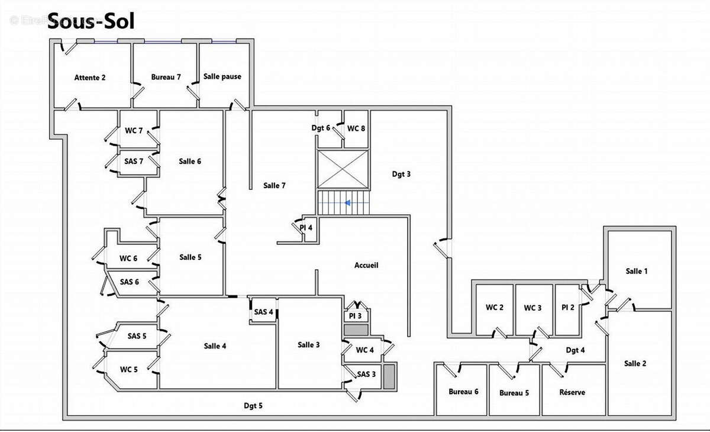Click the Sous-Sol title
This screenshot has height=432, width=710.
[91, 21]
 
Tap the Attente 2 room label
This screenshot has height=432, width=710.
[90, 78]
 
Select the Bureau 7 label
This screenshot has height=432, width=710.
[166, 78]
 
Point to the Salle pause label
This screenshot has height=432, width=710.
[222, 76]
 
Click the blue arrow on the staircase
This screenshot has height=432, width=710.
[348, 203]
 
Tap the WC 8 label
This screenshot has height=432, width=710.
[356, 128]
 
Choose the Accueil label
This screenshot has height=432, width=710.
[366, 265]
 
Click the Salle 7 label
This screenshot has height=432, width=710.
[275, 186]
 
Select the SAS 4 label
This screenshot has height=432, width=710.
[263, 312]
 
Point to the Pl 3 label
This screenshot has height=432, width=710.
[355, 316]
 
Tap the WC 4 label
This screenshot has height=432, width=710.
[364, 350]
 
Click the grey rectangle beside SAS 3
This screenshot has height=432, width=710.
[389, 376]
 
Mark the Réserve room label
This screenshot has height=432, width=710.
[572, 392]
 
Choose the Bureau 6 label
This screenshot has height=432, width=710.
[463, 392]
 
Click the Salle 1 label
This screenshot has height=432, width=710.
[637, 272]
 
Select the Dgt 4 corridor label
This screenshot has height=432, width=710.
[575, 350]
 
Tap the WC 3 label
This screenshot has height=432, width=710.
[532, 308]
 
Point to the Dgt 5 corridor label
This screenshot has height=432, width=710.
[253, 406]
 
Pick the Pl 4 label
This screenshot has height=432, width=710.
[306, 227]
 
